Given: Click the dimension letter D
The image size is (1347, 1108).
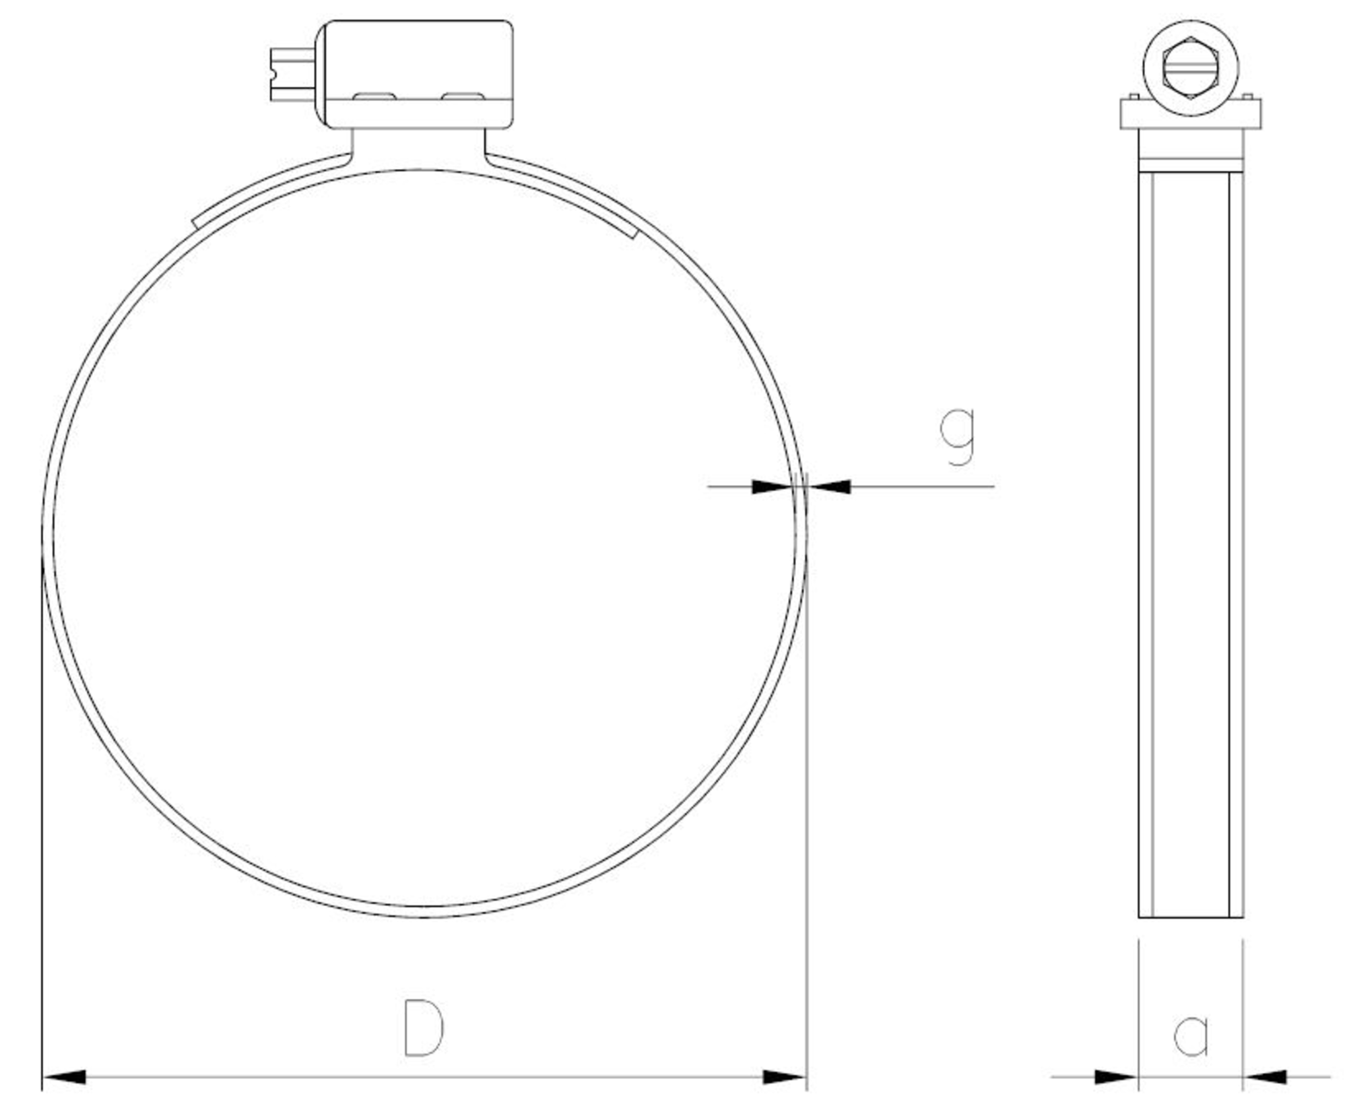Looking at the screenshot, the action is (x=424, y=1028).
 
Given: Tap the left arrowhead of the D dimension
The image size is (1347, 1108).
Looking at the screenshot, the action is (x=64, y=1077).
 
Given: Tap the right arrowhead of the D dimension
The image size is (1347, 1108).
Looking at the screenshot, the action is (x=785, y=1077).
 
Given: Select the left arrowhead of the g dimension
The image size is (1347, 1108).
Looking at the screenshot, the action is (x=773, y=486).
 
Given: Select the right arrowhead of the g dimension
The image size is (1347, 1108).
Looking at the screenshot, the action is (x=829, y=486).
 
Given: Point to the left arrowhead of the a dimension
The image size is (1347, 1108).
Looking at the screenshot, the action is (x=1116, y=1077).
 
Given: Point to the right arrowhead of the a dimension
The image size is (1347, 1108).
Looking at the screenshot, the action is (x=1265, y=1077).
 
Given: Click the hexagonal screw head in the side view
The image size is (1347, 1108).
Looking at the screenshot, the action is (x=1191, y=68).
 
